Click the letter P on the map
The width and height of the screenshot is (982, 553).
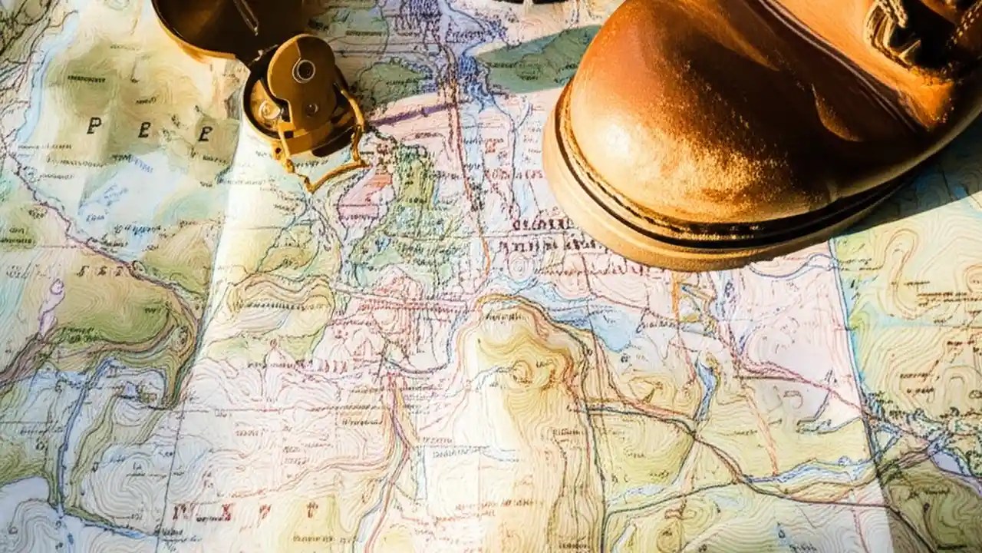94,126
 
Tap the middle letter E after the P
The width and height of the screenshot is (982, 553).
144,130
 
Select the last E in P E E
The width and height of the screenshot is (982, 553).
204,134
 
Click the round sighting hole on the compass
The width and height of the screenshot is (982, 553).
304,71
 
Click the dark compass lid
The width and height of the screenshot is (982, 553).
207,23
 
